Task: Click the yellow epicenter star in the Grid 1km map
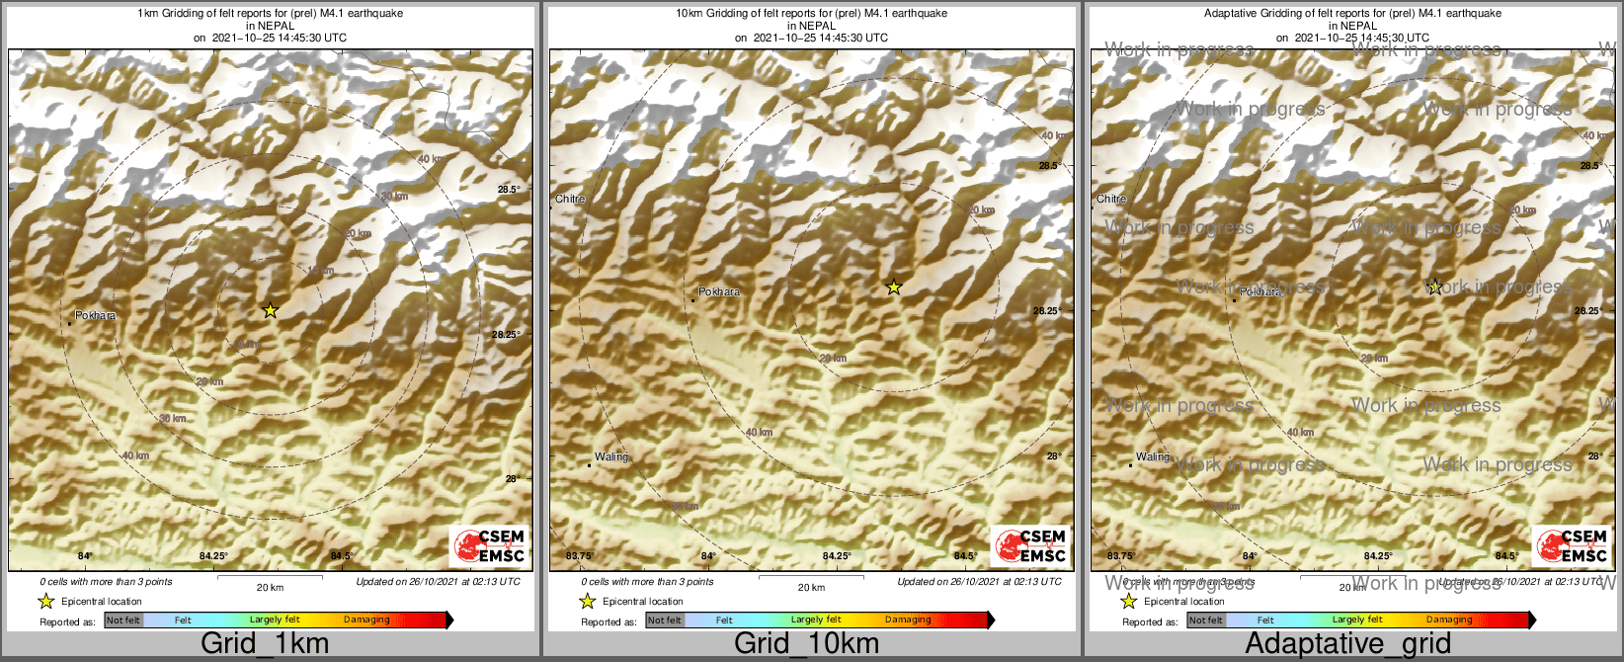(271, 310)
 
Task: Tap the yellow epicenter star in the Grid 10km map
(894, 288)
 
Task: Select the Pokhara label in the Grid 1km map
(95, 316)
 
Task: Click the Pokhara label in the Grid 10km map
(719, 292)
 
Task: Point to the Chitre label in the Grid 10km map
(570, 199)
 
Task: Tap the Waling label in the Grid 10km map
(611, 457)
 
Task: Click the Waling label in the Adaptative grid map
(1153, 457)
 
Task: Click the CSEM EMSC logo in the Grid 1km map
(489, 546)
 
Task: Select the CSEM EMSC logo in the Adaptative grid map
(1572, 546)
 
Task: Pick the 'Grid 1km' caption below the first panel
(265, 644)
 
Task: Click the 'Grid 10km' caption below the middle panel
(806, 644)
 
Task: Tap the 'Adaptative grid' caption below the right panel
(1347, 644)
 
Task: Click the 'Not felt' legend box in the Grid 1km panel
(123, 621)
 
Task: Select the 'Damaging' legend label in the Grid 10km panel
(908, 621)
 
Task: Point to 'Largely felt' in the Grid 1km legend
(275, 621)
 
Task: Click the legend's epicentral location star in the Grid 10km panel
(587, 601)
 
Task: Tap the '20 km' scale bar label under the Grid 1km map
(270, 588)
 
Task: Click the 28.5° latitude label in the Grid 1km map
(508, 190)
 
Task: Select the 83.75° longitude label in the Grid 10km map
(580, 556)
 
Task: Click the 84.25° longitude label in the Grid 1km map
(213, 556)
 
